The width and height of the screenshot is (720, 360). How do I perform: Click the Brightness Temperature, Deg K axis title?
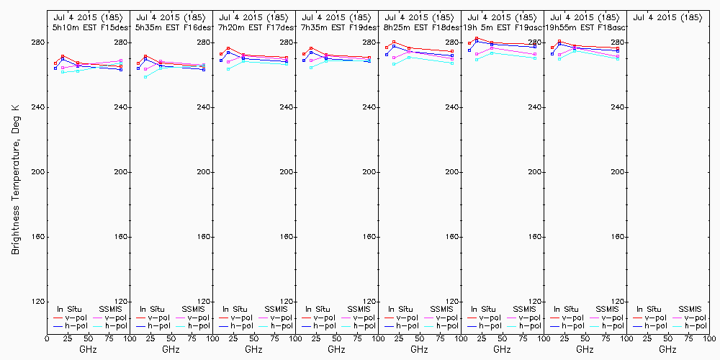(x=15, y=179)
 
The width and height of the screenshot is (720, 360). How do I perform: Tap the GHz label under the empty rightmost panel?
(x=667, y=349)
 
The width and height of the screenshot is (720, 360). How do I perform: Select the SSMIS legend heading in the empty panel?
(x=690, y=309)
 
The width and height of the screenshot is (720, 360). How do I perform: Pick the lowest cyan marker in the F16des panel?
(x=145, y=76)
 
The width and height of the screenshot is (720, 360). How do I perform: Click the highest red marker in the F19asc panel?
(x=477, y=38)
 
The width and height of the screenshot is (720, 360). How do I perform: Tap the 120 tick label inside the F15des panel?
(x=121, y=301)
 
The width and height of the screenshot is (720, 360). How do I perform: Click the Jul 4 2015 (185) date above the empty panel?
(x=667, y=17)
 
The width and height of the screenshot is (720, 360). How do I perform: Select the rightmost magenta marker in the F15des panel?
(x=121, y=60)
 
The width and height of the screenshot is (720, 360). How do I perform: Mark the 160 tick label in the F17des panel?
(x=287, y=236)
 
